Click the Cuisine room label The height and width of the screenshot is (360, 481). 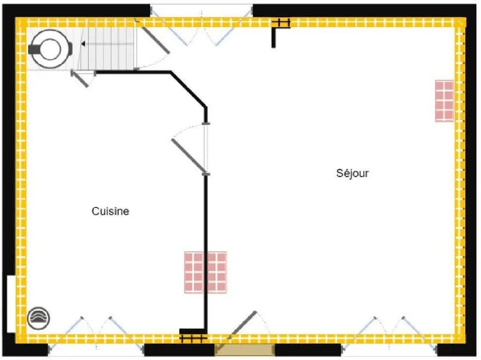tap(111, 211)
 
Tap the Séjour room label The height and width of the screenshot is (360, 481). tap(352, 173)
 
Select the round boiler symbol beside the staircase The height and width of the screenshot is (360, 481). tap(51, 49)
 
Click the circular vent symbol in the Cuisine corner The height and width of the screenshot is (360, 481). tap(38, 319)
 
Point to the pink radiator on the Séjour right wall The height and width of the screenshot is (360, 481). tap(444, 101)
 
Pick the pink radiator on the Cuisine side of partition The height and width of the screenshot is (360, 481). tap(194, 272)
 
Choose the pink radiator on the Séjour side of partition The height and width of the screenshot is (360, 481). tap(217, 272)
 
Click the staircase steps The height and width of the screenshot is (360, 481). tap(105, 49)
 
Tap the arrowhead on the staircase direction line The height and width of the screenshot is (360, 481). tap(83, 44)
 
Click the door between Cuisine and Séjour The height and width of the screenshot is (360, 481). tap(189, 156)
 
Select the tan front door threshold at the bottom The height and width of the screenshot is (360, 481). tap(245, 350)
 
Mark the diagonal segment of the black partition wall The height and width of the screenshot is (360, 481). tap(188, 90)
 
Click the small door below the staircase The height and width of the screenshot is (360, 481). tap(80, 79)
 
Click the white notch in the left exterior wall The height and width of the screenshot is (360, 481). tap(11, 304)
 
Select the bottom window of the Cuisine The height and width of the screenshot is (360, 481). tap(96, 334)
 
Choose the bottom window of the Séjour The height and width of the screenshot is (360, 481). tap(389, 334)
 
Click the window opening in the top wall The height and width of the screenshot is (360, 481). tap(201, 11)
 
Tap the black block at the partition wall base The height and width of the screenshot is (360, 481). tap(193, 332)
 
